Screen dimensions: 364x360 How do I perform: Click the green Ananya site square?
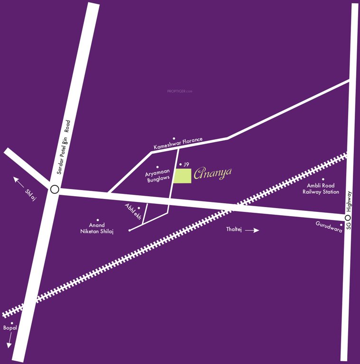183,175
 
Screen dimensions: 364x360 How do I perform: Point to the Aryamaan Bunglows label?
157,177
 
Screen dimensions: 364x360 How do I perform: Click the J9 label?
186,164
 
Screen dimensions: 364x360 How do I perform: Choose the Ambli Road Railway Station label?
321,189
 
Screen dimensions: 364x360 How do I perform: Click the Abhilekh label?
133,210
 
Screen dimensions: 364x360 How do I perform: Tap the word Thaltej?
234,230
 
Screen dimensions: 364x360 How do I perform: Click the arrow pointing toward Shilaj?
19,181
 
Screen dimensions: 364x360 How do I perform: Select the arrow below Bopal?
9,339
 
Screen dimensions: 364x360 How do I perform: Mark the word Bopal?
10,328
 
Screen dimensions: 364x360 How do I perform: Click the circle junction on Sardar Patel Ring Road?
55,190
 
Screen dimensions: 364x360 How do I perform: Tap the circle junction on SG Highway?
348,218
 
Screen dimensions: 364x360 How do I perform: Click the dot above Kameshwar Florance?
174,138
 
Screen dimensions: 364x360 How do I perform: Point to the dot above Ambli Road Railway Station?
322,180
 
